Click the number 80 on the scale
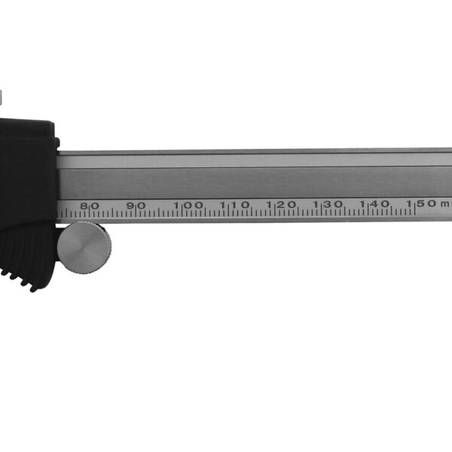click(90, 204)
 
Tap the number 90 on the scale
click(136, 204)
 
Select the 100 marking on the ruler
click(188, 204)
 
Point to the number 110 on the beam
click(235, 204)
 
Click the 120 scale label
click(281, 204)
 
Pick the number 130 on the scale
click(328, 204)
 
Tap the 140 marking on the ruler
click(374, 204)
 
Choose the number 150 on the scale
click(421, 203)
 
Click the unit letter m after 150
click(445, 203)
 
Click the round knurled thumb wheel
click(84, 246)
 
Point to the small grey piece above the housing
click(2, 96)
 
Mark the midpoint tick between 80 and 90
click(113, 213)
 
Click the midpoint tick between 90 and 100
click(160, 213)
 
